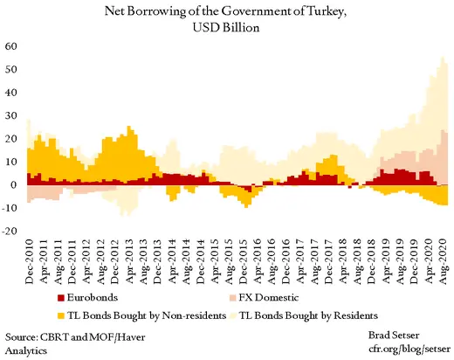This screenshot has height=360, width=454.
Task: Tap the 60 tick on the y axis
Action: (x=11, y=46)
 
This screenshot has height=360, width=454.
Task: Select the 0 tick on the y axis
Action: (x=15, y=185)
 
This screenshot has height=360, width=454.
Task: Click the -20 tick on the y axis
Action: (x=10, y=232)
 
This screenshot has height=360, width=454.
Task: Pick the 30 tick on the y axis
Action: (x=11, y=115)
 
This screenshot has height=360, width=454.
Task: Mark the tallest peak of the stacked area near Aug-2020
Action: (x=443, y=58)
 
